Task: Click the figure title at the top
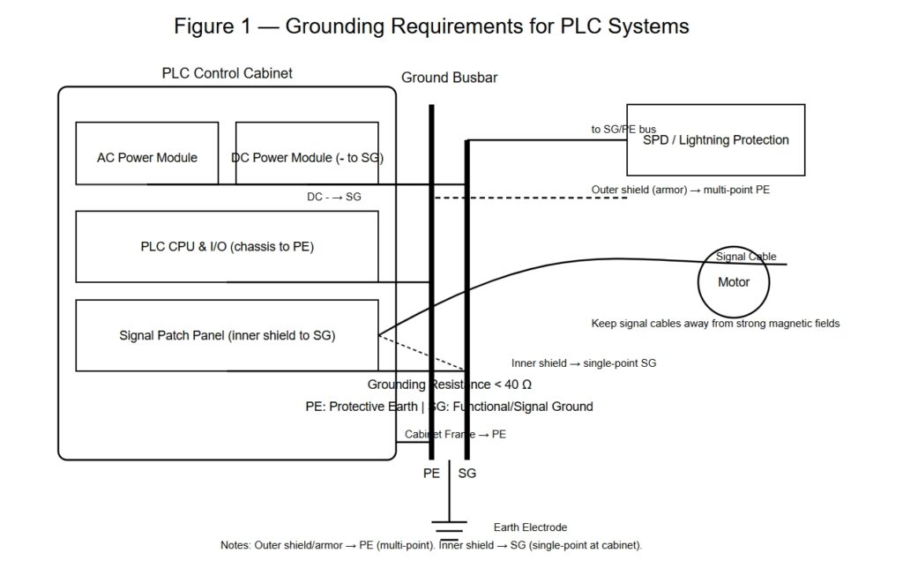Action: tap(431, 26)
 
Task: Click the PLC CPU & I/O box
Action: tap(227, 246)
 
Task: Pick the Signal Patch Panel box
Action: tap(227, 335)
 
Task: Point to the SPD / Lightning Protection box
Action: tap(715, 139)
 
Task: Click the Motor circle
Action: tap(734, 282)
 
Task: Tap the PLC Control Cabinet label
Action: tap(227, 73)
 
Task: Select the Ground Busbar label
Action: tap(449, 78)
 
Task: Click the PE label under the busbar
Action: tap(431, 474)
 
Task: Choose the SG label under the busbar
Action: tap(467, 474)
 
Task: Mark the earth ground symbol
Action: tap(450, 527)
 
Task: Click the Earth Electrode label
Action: tap(531, 527)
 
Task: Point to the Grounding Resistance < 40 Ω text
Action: tap(449, 385)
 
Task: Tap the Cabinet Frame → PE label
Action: tap(455, 434)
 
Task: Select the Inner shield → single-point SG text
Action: tap(583, 362)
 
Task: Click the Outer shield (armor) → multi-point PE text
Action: tap(680, 190)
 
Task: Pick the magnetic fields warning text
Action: tap(715, 324)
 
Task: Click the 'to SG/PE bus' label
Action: tap(623, 130)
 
